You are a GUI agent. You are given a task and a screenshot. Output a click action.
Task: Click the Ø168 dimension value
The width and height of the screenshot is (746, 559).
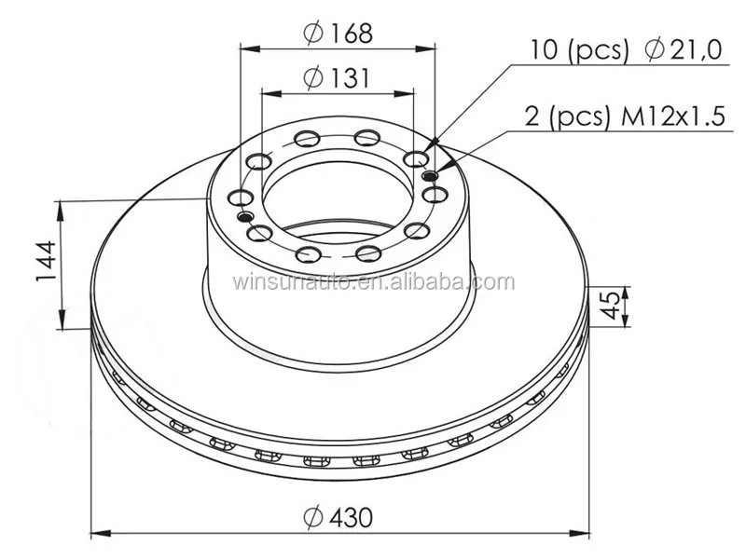tap(348, 34)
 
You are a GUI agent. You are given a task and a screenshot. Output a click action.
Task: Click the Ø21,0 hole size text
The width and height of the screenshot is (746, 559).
tap(684, 49)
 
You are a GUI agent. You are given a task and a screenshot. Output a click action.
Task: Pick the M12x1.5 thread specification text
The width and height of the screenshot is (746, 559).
tap(666, 117)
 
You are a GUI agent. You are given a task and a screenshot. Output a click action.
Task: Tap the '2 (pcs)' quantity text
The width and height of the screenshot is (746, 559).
tap(559, 117)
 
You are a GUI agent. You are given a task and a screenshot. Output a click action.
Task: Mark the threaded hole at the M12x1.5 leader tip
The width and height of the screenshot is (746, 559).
tap(429, 176)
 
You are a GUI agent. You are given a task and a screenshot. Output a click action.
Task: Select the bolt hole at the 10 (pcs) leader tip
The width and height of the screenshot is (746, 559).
tap(414, 157)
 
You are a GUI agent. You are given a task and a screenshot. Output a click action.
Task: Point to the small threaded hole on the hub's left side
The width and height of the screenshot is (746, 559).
tap(245, 216)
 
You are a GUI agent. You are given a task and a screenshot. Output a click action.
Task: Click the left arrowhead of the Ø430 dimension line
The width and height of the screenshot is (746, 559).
tap(97, 534)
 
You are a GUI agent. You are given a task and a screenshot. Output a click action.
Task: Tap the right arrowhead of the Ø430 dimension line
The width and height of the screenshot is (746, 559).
tap(585, 534)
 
